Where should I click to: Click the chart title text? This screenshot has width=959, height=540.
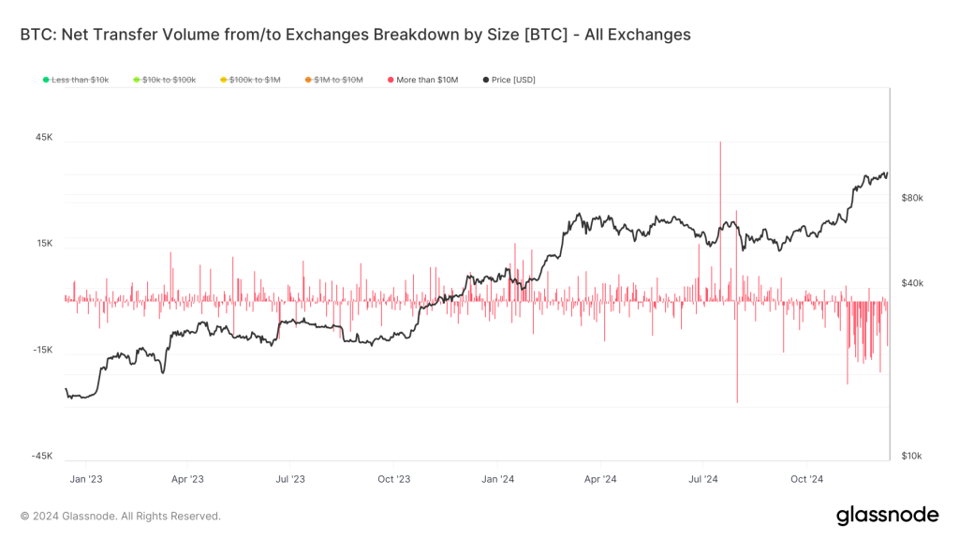click(x=355, y=35)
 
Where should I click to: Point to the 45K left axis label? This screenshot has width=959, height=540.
click(x=44, y=138)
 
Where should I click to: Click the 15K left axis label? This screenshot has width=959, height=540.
click(x=44, y=244)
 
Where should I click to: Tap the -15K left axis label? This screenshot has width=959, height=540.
click(x=42, y=351)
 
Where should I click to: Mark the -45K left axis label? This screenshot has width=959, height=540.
click(x=42, y=457)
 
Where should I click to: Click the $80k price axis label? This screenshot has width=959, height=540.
click(x=911, y=199)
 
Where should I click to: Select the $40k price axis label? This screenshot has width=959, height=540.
click(x=911, y=283)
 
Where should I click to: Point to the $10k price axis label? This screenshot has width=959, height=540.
click(x=911, y=457)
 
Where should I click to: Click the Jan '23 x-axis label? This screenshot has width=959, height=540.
click(x=85, y=479)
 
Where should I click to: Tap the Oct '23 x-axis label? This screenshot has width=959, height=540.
click(x=394, y=479)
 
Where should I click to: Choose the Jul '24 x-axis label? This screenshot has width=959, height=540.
click(x=703, y=479)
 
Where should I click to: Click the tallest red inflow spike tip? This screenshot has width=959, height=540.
click(x=720, y=142)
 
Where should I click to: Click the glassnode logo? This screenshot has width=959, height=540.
click(x=887, y=515)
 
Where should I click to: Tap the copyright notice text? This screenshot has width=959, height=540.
click(x=121, y=516)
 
